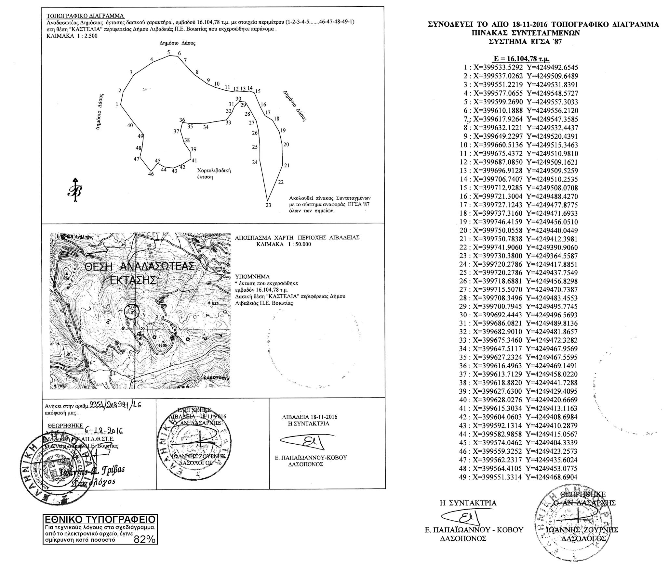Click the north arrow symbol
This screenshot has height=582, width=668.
pos(75,191)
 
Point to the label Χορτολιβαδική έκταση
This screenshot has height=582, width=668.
pos(214,173)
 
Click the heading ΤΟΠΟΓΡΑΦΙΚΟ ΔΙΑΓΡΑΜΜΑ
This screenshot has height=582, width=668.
pos(85,16)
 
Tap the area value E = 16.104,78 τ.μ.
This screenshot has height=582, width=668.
pos(522,59)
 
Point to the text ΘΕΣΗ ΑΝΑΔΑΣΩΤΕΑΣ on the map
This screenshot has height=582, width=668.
pos(140,267)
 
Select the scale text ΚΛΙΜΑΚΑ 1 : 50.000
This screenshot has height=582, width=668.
pos(283,244)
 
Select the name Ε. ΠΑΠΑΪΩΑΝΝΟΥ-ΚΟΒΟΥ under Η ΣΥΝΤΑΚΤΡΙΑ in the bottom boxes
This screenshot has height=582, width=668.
pos(311,458)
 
